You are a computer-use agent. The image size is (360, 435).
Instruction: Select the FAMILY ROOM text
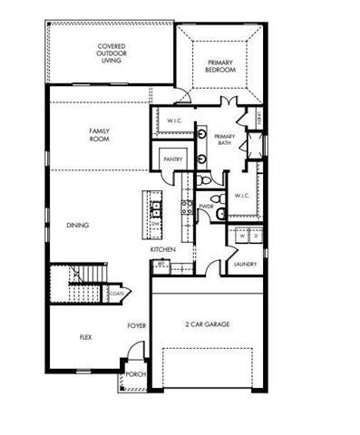pyautogui.click(x=99, y=135)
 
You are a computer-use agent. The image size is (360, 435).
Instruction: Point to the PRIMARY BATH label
pyautogui.click(x=225, y=140)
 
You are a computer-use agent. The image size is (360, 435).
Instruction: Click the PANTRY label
pyautogui.click(x=172, y=159)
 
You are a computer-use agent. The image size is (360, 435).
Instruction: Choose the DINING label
pyautogui.click(x=77, y=226)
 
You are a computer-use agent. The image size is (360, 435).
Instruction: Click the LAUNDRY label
pyautogui.click(x=244, y=265)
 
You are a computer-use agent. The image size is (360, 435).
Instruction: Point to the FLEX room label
pyautogui.click(x=85, y=337)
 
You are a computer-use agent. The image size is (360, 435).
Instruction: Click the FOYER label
pyautogui.click(x=136, y=324)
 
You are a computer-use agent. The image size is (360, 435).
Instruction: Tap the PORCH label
pyautogui.click(x=136, y=373)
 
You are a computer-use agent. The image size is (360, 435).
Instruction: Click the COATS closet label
pyautogui.click(x=117, y=293)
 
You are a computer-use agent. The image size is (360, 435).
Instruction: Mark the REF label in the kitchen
pyautogui.click(x=161, y=265)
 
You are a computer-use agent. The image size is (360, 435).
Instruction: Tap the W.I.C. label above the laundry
pyautogui.click(x=242, y=195)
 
